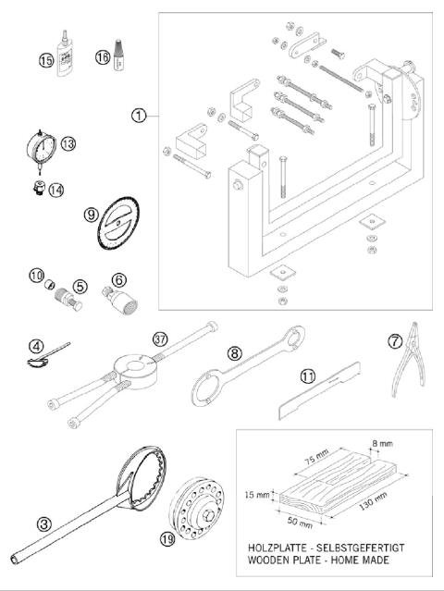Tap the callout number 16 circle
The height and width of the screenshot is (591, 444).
pyautogui.click(x=103, y=57)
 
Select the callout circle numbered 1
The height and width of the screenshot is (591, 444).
pyautogui.click(x=138, y=116)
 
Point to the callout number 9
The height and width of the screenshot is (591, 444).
pyautogui.click(x=91, y=214)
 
